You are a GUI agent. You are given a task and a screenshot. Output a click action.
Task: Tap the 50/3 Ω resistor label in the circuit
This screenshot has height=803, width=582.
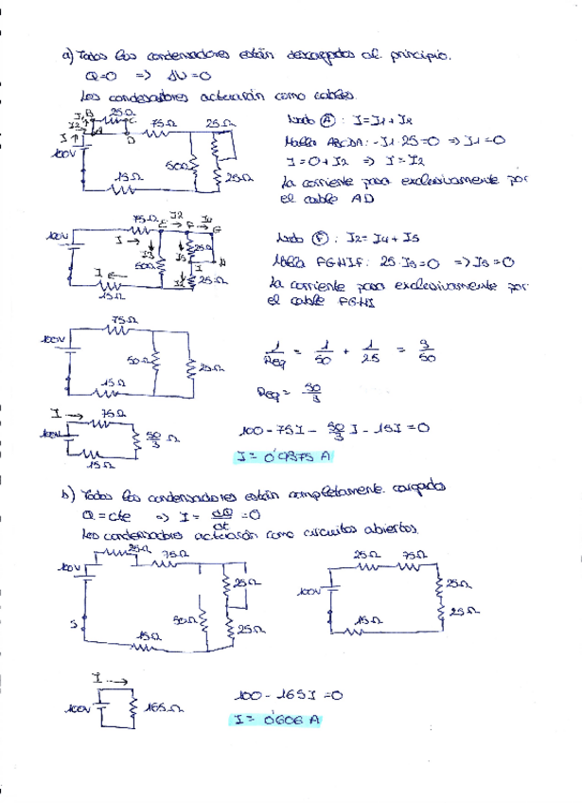[x=161, y=437]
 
